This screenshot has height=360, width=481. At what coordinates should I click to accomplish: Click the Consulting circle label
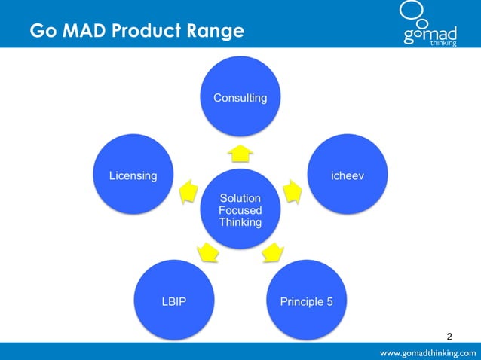tap(240, 98)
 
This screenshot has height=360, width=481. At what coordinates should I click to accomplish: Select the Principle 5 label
tap(306, 302)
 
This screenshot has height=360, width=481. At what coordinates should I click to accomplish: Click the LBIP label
tap(173, 302)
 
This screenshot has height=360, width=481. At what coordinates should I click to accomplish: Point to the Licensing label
tap(133, 175)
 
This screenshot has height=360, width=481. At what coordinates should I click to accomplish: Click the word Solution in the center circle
tap(240, 198)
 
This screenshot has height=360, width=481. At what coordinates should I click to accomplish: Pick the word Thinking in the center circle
tap(240, 222)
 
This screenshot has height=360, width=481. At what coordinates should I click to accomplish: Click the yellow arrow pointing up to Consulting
tap(240, 154)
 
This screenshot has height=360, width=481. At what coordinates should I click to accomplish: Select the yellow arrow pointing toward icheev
tap(293, 191)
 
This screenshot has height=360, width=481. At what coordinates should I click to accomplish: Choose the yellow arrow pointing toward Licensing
tap(186, 192)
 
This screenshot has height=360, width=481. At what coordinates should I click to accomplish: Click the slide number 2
tap(450, 335)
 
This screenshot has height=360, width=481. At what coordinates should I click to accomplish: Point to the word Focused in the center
tap(240, 210)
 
